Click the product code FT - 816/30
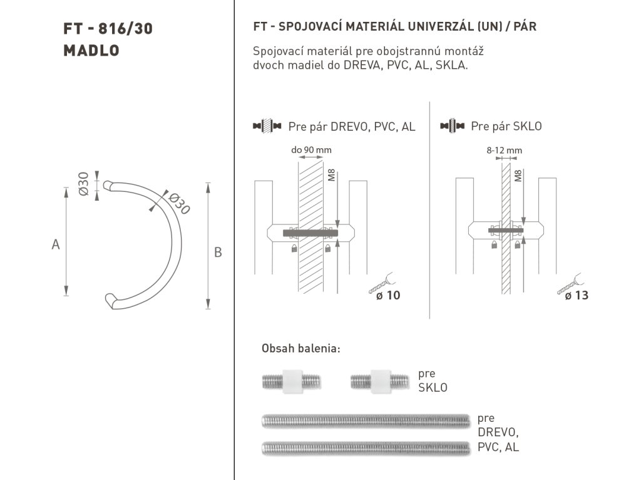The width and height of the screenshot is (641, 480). pyautogui.click(x=108, y=29)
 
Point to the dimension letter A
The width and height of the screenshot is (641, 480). pyautogui.click(x=56, y=245)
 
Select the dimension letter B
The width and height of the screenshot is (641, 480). pyautogui.click(x=218, y=252)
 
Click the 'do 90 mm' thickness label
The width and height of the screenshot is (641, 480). pyautogui.click(x=311, y=150)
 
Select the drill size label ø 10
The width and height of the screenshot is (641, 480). pyautogui.click(x=387, y=295)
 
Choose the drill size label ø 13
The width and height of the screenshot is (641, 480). pyautogui.click(x=577, y=295)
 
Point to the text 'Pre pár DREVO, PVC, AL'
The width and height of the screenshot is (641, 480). pyautogui.click(x=351, y=127)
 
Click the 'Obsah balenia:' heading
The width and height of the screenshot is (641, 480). pyautogui.click(x=300, y=349)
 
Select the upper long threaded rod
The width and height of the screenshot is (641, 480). pyautogui.click(x=366, y=421)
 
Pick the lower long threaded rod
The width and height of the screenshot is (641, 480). pyautogui.click(x=366, y=447)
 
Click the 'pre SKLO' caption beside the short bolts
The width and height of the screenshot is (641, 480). pyautogui.click(x=433, y=381)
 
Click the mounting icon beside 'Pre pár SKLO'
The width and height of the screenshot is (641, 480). pyautogui.click(x=452, y=126)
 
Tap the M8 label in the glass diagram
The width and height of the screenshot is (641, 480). pyautogui.click(x=518, y=176)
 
